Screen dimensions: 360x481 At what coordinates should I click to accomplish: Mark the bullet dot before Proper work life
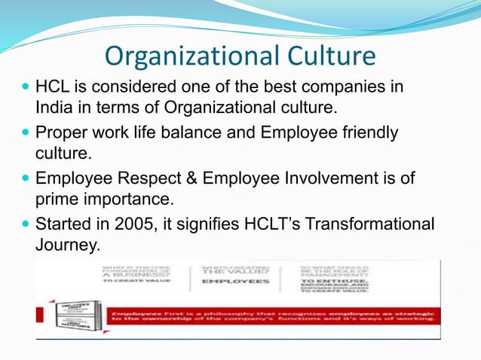[25, 134]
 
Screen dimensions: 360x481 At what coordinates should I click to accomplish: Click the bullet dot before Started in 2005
[25, 224]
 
